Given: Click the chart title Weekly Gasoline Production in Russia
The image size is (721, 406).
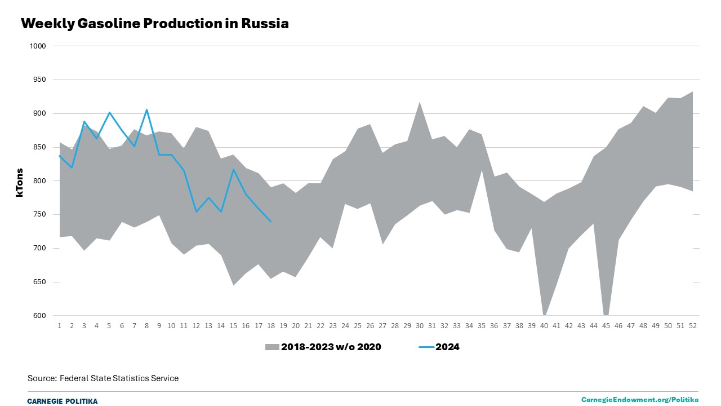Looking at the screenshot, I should pos(154,24).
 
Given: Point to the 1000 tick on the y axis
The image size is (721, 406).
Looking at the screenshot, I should pos(38,46).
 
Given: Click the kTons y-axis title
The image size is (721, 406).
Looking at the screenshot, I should pos(20,182).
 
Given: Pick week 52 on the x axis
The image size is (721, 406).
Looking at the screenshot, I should pos(693,326).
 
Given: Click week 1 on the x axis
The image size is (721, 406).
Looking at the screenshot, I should pos(60,326).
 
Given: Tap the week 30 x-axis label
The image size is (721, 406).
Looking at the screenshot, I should pos(420,326).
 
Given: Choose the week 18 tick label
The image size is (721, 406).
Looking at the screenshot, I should pos(271,326).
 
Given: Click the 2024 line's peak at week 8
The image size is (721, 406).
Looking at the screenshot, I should pos(146,110).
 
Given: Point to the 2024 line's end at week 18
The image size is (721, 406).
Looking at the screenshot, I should pos(271,221).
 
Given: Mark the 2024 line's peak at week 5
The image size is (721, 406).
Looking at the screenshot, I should pos(109,112).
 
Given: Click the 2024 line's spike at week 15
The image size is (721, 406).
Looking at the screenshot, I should pos(234,169).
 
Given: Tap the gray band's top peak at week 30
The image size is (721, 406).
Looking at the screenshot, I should pos(420,102).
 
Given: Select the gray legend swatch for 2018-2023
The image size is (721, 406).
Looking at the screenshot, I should pos(272,347).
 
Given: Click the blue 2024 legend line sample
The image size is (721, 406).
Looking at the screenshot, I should pos(426,347).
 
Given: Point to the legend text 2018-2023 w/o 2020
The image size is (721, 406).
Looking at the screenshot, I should pos(331,347).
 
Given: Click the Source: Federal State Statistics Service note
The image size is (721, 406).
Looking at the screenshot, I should pos(103,378).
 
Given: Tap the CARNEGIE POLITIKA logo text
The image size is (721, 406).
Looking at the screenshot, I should pos(62,401).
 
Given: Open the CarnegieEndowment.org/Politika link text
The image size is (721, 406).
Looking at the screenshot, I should pos(640,400).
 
